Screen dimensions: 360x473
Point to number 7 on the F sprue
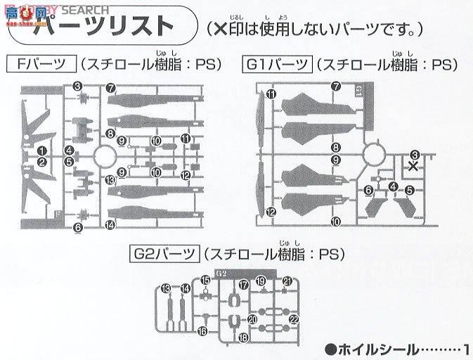(x=111, y=88)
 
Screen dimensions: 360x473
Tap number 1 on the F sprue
(x=41, y=150)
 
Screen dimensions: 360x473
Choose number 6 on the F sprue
(x=77, y=227)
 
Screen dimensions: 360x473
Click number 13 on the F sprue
(x=110, y=180)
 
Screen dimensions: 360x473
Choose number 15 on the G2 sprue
(x=205, y=280)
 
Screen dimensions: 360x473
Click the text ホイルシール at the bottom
(x=380, y=349)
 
